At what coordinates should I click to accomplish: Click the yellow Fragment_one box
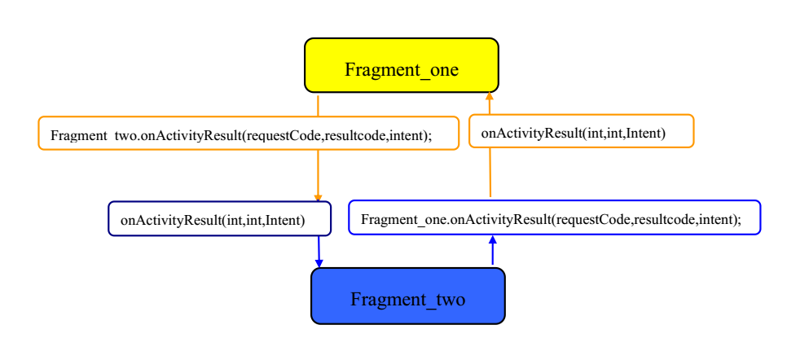(402, 65)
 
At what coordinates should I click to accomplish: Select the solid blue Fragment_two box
(408, 296)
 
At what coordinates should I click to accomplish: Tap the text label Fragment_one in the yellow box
(402, 69)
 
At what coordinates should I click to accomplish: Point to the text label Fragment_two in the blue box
(407, 300)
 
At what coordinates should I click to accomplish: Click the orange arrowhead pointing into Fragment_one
(490, 96)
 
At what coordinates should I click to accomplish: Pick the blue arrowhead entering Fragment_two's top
(319, 264)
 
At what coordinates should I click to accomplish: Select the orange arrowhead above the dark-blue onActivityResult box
(318, 198)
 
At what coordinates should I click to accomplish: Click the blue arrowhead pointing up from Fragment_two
(493, 239)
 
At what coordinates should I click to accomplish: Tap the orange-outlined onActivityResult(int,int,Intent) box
(582, 131)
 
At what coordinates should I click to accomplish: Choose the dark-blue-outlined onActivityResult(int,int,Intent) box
(220, 218)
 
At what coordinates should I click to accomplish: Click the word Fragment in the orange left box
(76, 136)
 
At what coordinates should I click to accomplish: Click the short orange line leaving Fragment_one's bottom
(318, 106)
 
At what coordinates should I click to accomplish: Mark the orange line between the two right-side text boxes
(490, 173)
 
